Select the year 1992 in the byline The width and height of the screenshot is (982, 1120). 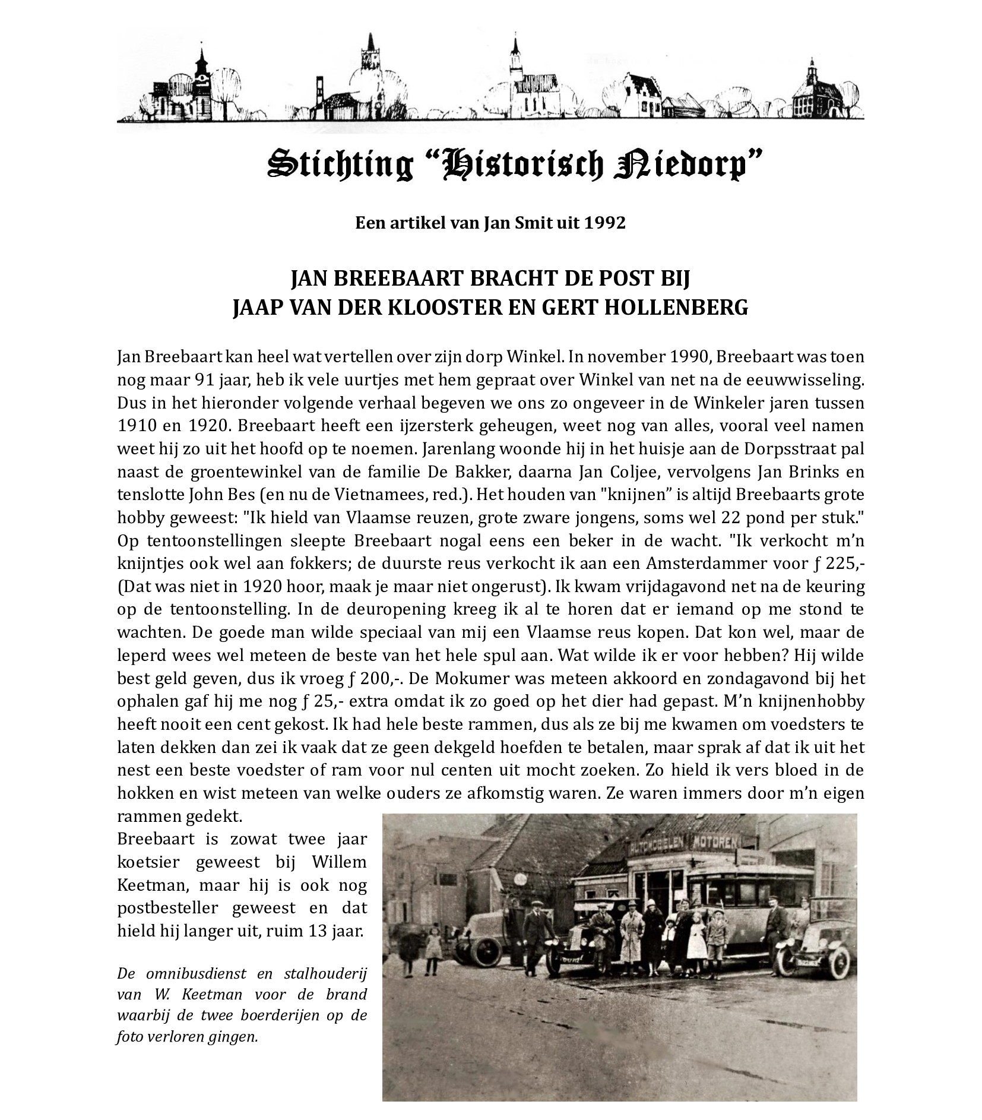[x=606, y=223]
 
